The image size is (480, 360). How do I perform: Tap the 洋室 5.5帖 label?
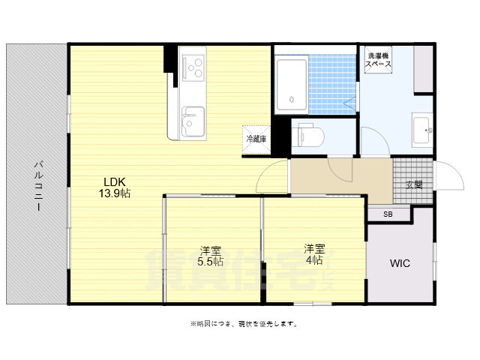(211, 256)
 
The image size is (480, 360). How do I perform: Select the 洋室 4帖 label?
(313, 254)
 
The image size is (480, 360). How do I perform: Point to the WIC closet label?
(400, 263)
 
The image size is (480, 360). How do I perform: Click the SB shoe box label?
(388, 214)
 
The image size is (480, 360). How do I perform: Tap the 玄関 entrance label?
(414, 184)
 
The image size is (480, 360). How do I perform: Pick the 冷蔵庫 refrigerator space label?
(255, 139)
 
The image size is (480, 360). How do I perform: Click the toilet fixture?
(308, 136)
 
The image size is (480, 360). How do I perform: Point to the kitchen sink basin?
(192, 121)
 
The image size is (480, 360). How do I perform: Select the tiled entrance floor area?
(412, 181)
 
